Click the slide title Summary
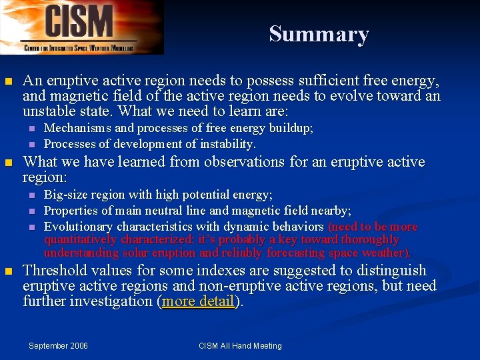pyautogui.click(x=319, y=34)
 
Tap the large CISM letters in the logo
pyautogui.click(x=79, y=21)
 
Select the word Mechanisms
pyautogui.click(x=75, y=128)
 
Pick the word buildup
pyautogui.click(x=289, y=128)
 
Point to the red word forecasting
pyautogui.click(x=299, y=253)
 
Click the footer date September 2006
pyautogui.click(x=58, y=345)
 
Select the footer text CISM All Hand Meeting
pyautogui.click(x=240, y=345)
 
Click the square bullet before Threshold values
pyautogui.click(x=8, y=271)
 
